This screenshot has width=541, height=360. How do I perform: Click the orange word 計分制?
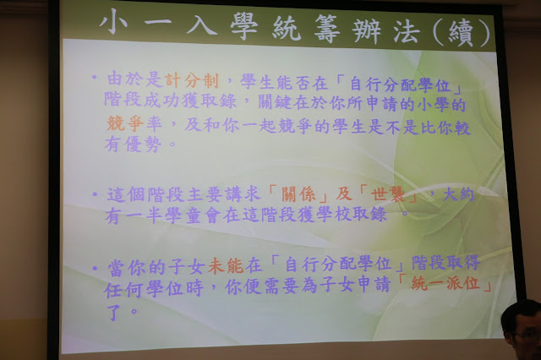tap(192, 80)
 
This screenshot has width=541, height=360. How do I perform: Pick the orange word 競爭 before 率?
tap(124, 123)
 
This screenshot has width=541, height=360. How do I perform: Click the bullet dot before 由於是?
tap(94, 77)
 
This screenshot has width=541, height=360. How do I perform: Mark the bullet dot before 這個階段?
tap(95, 194)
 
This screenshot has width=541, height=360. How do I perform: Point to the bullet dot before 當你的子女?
tap(95, 268)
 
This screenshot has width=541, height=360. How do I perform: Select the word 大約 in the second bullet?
tap(458, 194)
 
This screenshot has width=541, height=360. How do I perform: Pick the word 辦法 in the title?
tap(386, 31)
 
